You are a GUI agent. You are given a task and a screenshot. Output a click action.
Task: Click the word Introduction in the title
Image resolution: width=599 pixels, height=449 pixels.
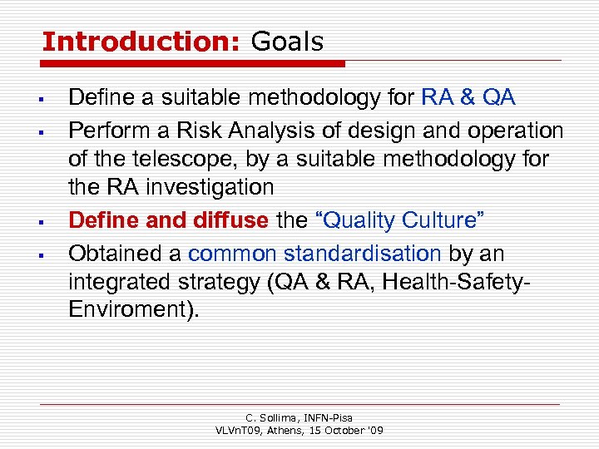(140, 41)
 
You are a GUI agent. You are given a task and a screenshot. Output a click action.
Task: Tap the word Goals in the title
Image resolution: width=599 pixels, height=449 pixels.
(287, 41)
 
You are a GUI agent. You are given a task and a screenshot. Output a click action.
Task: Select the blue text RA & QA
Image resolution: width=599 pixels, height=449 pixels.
(468, 98)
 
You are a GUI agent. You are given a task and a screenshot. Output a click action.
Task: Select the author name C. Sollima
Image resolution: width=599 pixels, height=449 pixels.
(269, 417)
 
